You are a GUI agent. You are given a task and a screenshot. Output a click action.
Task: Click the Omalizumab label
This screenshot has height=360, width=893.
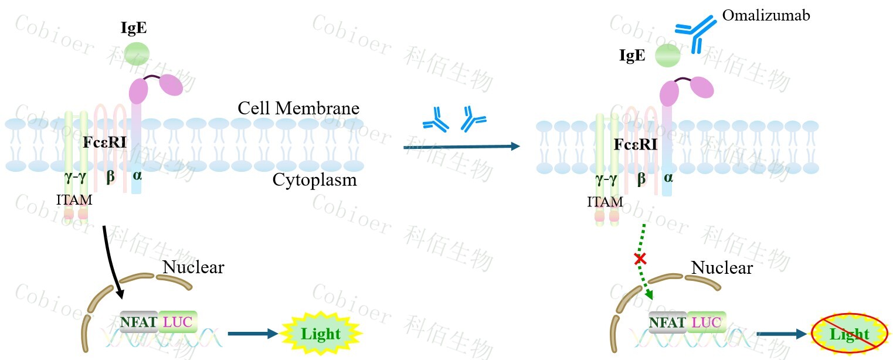(x=766, y=16)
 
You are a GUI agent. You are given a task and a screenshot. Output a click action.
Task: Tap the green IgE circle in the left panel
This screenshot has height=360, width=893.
(x=136, y=51)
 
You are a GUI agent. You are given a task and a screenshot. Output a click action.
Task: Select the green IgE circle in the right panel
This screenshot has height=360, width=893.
(x=667, y=56)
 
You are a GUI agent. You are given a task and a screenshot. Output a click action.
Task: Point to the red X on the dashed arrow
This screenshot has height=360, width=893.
(x=641, y=258)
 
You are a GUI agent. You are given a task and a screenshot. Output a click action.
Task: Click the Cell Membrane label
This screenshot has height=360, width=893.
(x=298, y=108)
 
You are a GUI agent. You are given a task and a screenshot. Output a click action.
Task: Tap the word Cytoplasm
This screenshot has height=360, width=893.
(x=314, y=179)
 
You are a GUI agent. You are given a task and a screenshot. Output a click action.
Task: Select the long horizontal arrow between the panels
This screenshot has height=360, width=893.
(x=461, y=147)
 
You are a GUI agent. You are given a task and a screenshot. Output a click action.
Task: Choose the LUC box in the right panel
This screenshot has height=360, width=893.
(x=707, y=321)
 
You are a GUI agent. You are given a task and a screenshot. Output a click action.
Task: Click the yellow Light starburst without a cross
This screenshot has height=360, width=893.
(x=321, y=334)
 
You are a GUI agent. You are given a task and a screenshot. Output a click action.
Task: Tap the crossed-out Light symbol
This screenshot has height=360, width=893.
(x=849, y=335)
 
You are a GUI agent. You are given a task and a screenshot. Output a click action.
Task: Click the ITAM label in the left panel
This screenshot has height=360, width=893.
(x=74, y=200)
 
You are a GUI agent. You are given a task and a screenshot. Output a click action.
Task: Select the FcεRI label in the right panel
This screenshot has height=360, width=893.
(x=636, y=144)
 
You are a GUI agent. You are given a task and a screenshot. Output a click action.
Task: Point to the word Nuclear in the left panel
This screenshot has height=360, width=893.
(x=193, y=267)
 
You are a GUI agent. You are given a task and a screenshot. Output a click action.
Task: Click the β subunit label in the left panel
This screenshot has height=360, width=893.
(x=110, y=176)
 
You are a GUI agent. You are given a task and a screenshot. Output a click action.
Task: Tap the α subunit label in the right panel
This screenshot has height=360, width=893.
(x=667, y=176)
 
